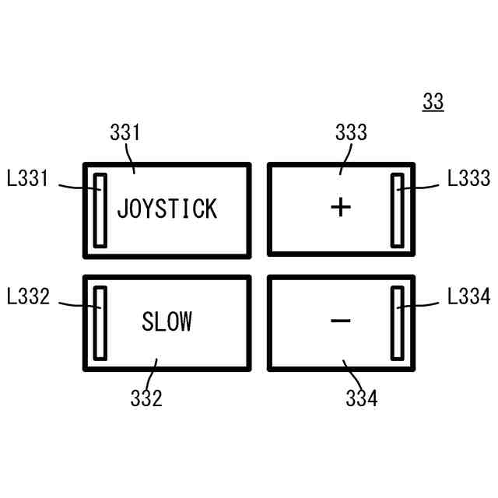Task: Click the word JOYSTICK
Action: (167, 209)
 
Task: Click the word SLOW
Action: (167, 321)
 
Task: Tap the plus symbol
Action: (341, 207)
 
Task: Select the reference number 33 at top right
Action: (433, 102)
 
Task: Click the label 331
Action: (124, 132)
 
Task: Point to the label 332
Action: (146, 398)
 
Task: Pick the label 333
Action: (351, 132)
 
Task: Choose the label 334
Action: (361, 398)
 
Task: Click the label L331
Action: (27, 180)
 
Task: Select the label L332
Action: (27, 296)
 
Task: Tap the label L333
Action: (469, 179)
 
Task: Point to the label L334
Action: (469, 296)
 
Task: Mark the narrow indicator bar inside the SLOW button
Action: (100, 323)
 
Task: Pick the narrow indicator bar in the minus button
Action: (397, 323)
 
